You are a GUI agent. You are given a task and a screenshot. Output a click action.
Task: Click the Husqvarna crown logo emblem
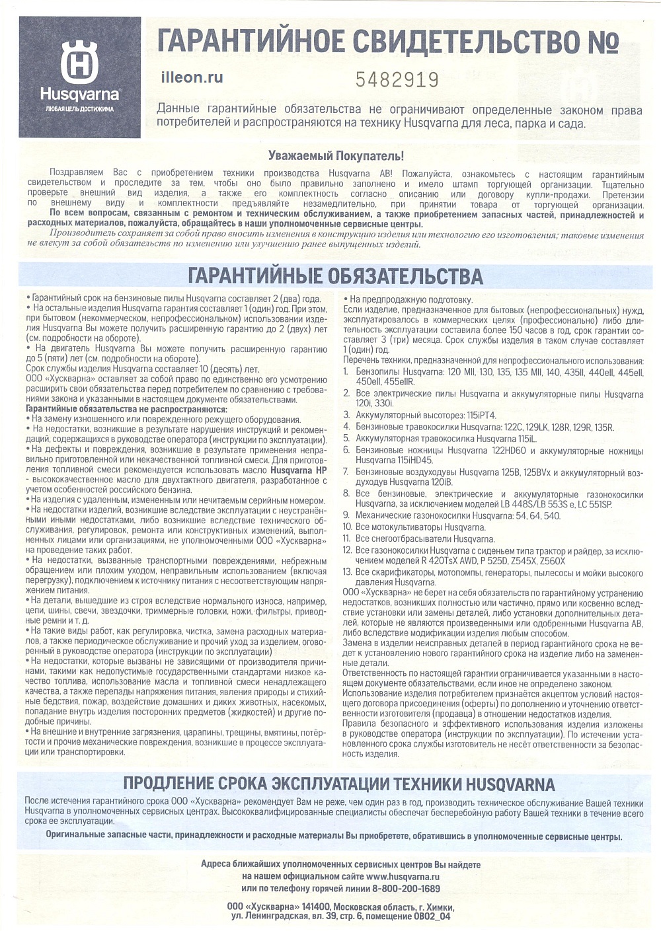coord(79,61)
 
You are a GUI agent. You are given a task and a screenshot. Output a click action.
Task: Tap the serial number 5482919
coord(397,80)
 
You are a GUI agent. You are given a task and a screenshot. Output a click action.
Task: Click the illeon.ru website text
coord(192,77)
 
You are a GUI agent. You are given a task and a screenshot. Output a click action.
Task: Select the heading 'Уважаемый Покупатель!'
coord(336,156)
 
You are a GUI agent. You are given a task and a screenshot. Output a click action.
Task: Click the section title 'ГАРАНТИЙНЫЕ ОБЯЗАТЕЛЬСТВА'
coord(336,276)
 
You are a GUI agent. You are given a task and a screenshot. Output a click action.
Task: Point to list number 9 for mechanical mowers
coord(346,515)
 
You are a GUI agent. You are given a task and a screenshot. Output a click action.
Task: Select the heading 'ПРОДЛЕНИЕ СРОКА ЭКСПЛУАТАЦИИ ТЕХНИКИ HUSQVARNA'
coord(339,784)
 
